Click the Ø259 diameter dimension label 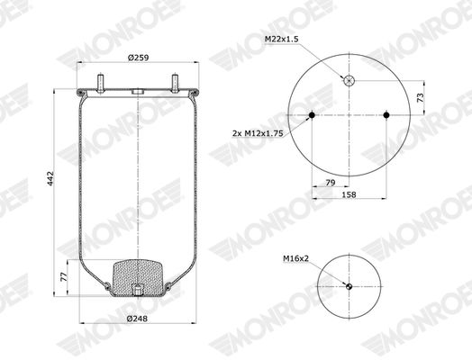tap(138, 58)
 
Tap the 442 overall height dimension tap(50, 178)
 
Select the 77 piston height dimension tap(64, 276)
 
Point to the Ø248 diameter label tap(137, 319)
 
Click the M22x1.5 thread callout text tap(281, 39)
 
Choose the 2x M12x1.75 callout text tap(258, 133)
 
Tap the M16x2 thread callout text tap(296, 258)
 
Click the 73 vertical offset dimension tap(421, 97)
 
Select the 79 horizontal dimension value tap(331, 183)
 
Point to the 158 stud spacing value tap(349, 195)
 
